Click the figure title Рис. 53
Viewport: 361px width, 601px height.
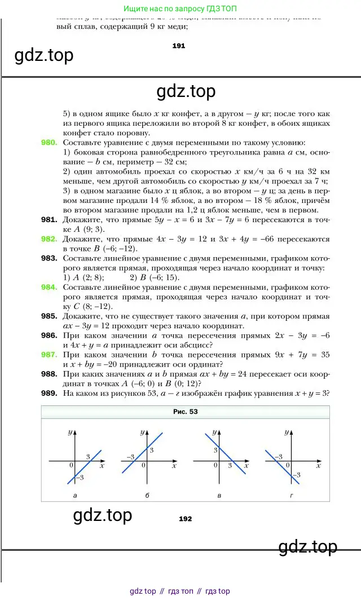tap(185, 412)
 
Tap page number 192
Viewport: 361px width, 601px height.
tap(185, 519)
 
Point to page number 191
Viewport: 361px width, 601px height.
tap(178, 46)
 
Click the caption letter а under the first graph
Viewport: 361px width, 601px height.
tap(75, 495)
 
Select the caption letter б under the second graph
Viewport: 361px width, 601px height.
tap(147, 495)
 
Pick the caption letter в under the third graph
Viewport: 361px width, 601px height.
tap(219, 495)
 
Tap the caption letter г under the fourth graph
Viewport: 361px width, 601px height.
tap(291, 495)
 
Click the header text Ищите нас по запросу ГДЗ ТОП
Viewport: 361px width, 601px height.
tap(180, 9)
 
